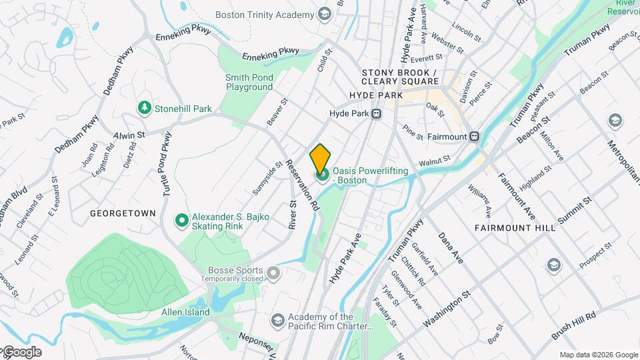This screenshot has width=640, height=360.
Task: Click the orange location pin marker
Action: (x=320, y=158)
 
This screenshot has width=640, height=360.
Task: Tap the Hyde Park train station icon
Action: (x=377, y=114)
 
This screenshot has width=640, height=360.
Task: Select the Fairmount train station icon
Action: (x=474, y=136)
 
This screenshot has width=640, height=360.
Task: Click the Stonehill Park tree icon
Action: (x=143, y=107)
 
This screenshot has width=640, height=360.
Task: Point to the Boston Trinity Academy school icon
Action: (x=325, y=15)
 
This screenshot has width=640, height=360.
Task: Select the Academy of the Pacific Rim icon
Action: (x=277, y=321)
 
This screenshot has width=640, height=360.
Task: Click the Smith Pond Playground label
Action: (x=249, y=82)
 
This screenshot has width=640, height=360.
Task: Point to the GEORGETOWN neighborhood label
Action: (x=123, y=213)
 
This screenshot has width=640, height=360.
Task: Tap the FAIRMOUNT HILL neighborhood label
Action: (x=515, y=228)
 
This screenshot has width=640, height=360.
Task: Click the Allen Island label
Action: (x=185, y=312)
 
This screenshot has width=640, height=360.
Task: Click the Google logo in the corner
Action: (x=21, y=352)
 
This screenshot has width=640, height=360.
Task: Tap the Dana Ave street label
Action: (x=450, y=247)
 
